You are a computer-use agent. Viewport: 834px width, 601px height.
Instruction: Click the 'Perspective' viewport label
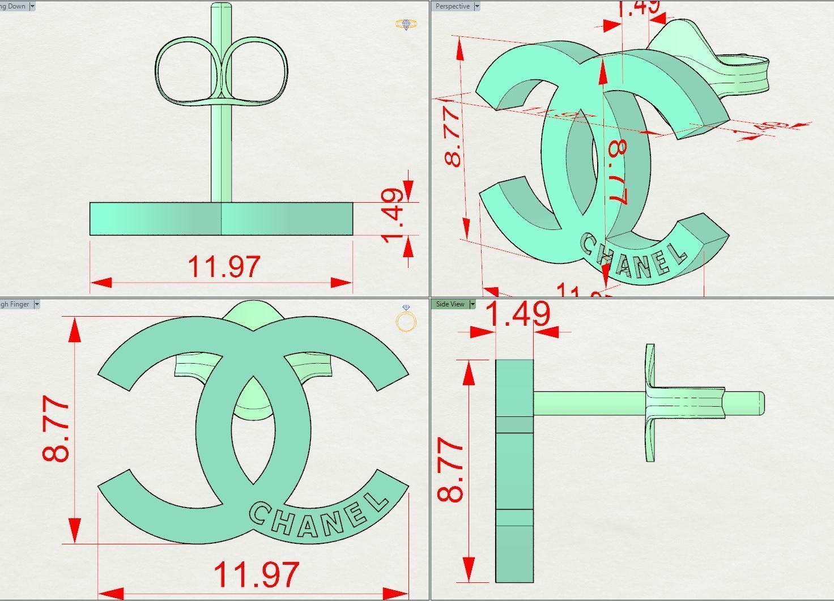coord(452,6)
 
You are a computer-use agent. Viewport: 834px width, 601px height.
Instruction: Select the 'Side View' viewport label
coord(450,304)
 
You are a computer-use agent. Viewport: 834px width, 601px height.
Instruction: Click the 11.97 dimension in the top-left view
coord(224,267)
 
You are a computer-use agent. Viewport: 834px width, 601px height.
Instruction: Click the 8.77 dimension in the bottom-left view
coord(57,429)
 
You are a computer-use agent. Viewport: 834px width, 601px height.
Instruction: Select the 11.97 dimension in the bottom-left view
coord(256,574)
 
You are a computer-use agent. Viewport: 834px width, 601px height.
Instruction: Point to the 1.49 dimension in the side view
coord(518,314)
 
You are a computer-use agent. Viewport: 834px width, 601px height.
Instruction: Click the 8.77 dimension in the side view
coord(451,470)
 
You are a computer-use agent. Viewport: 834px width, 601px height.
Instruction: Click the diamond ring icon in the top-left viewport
coord(406,24)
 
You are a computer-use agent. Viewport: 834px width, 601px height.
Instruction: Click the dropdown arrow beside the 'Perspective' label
coord(476,6)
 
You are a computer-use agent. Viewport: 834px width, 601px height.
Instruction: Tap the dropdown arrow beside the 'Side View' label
coord(472,304)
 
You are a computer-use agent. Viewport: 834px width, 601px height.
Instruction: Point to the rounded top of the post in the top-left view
coord(221,7)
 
